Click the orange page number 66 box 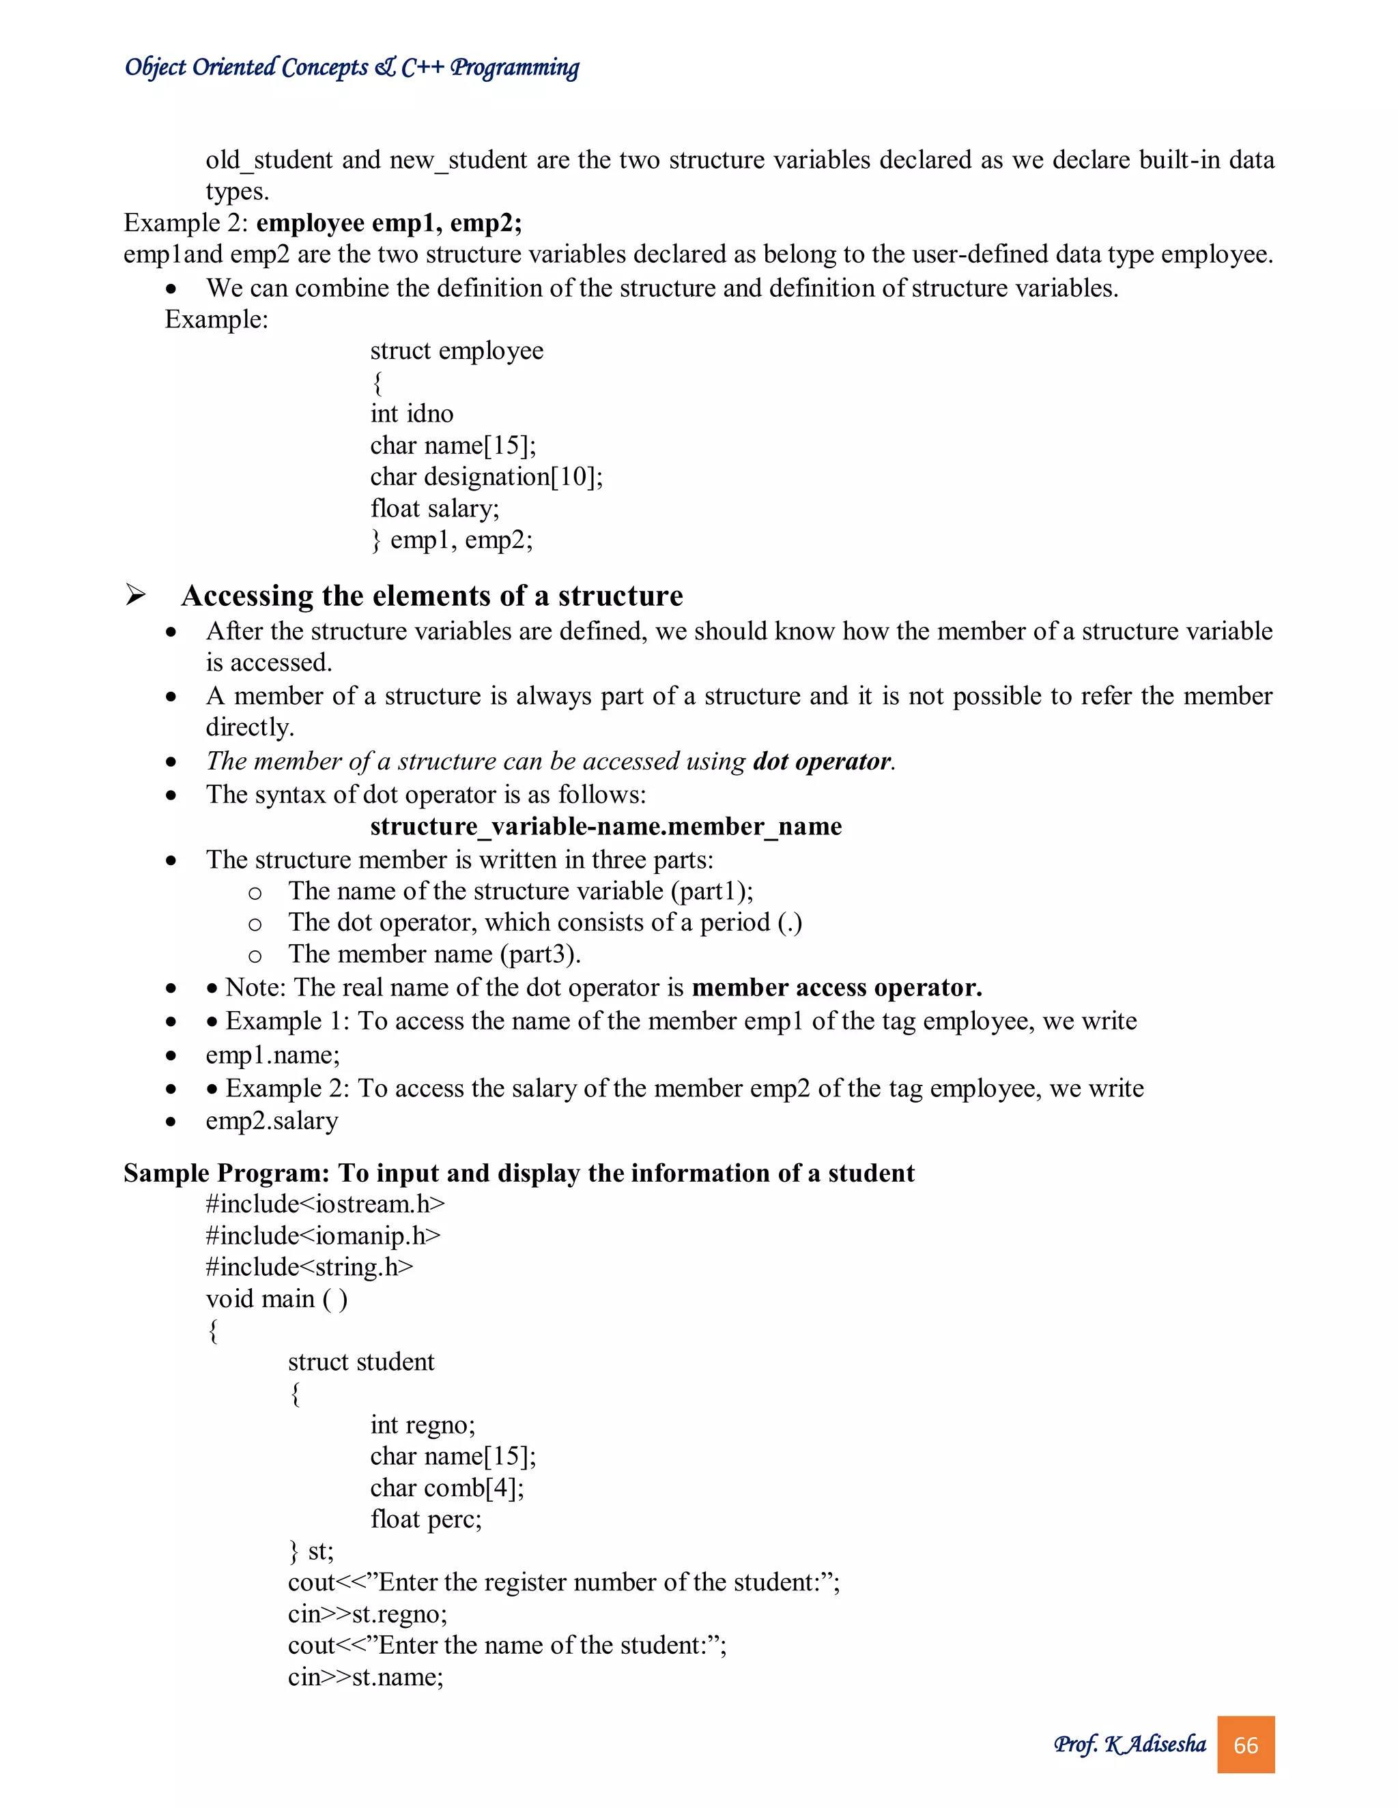tap(1245, 1745)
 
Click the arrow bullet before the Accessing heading tap(135, 594)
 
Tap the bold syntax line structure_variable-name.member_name tap(605, 826)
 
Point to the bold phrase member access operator tap(836, 988)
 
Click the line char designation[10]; tap(486, 477)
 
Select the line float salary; tap(435, 508)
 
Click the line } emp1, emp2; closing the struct tap(451, 540)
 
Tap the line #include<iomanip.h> tap(323, 1235)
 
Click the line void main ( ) tap(276, 1298)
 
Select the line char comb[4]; tap(447, 1487)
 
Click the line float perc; tap(426, 1519)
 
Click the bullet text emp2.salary tap(272, 1121)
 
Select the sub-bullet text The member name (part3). tap(434, 954)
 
